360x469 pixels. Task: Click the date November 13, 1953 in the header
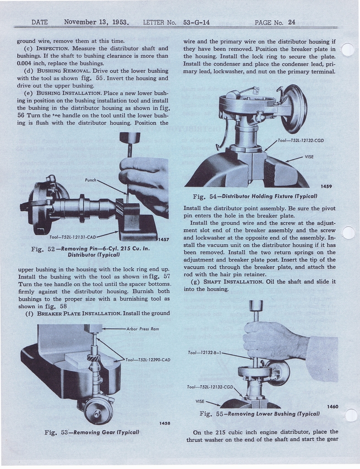pyautogui.click(x=96, y=22)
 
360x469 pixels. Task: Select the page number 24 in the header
pyautogui.click(x=292, y=22)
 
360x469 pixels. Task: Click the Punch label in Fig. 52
pyautogui.click(x=90, y=180)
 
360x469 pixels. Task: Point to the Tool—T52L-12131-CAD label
pyautogui.click(x=72, y=237)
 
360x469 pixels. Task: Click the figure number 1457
pyautogui.click(x=163, y=240)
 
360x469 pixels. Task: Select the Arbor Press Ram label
pyautogui.click(x=142, y=329)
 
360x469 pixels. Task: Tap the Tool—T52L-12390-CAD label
pyautogui.click(x=147, y=360)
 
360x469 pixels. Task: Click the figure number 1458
pyautogui.click(x=164, y=423)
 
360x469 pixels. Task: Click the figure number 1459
pyautogui.click(x=326, y=186)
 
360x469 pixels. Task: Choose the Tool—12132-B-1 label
pyautogui.click(x=204, y=353)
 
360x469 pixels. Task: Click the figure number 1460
pyautogui.click(x=333, y=406)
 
